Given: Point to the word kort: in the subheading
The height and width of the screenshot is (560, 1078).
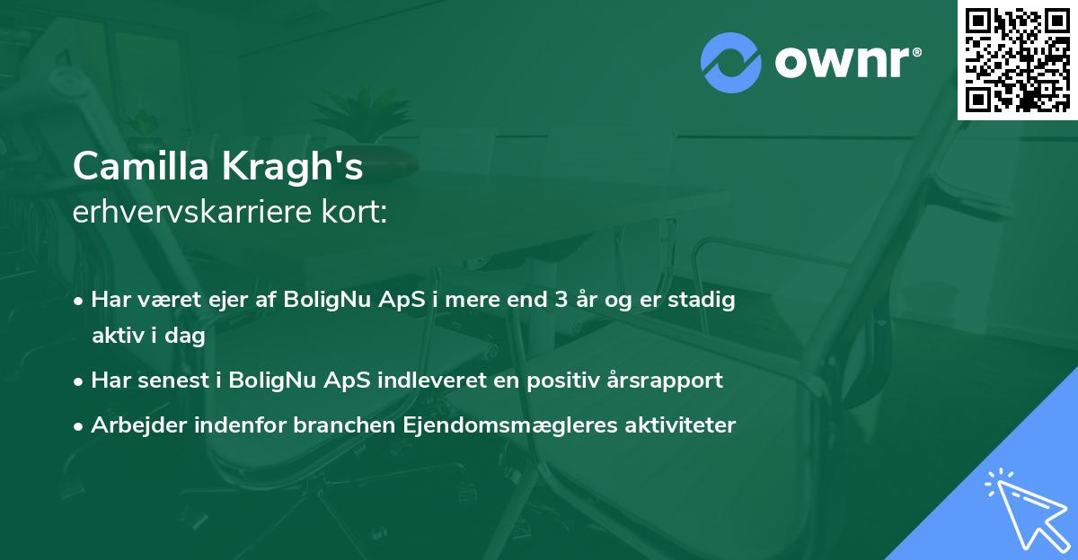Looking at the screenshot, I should pyautogui.click(x=357, y=212).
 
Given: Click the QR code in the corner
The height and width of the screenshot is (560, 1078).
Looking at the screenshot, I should pyautogui.click(x=1017, y=59).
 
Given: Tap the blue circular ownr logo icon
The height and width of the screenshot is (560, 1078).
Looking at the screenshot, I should pyautogui.click(x=730, y=62).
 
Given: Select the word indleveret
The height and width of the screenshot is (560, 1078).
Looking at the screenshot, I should pyautogui.click(x=440, y=380).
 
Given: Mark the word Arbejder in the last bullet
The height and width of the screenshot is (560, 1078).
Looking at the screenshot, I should pyautogui.click(x=132, y=425).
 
